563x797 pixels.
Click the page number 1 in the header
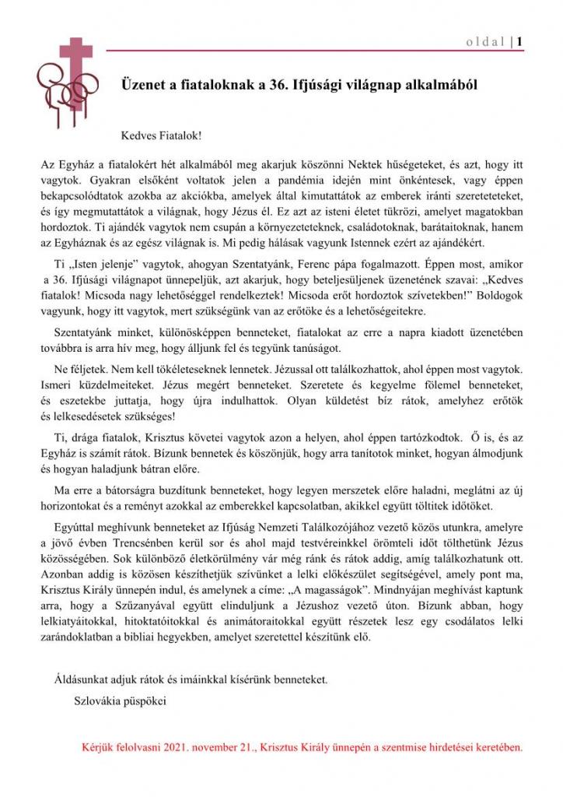(519, 41)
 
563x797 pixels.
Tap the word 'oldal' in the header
(486, 41)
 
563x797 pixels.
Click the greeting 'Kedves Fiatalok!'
(161, 135)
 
